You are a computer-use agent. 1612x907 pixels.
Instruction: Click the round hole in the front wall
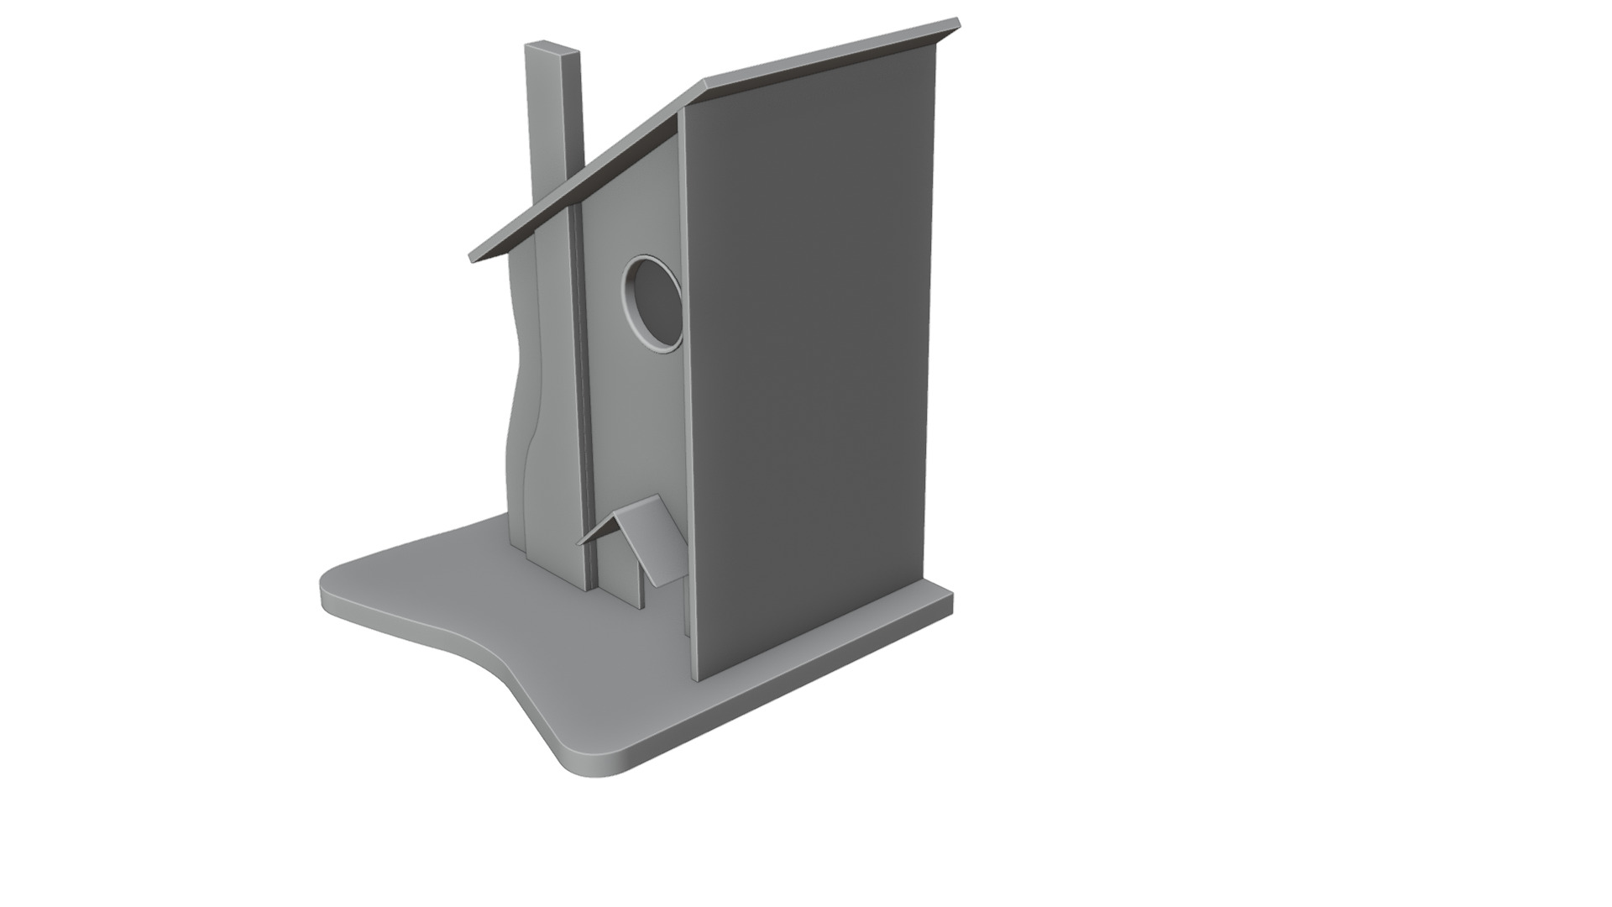(654, 302)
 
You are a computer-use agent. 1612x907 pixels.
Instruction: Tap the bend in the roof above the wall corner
(704, 87)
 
